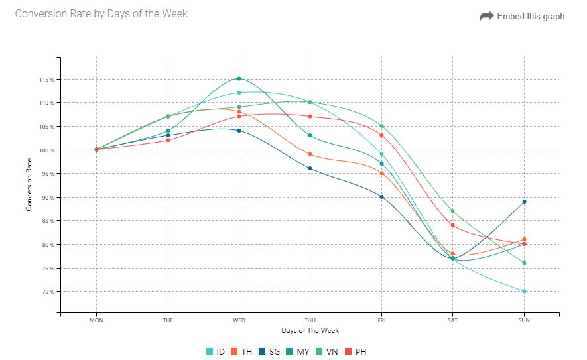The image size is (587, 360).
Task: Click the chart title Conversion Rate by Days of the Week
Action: tap(101, 13)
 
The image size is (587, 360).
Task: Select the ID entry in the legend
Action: tap(216, 351)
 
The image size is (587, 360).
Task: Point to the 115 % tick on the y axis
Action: tap(46, 80)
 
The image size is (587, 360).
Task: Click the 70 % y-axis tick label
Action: tap(47, 292)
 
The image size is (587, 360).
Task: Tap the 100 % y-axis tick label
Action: tap(46, 150)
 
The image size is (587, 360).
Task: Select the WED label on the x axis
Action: tap(239, 320)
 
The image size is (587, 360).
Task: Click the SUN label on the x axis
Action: tap(524, 320)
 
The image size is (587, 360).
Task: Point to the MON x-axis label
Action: tap(97, 320)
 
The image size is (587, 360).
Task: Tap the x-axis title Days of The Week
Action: tap(310, 330)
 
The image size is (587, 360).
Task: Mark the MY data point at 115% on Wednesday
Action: tap(239, 79)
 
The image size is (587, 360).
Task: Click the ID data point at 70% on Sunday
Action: tap(524, 291)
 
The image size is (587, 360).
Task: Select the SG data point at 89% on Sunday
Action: tap(524, 202)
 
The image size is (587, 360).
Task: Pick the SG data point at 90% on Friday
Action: tap(381, 197)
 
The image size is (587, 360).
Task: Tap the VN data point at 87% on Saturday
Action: tap(452, 211)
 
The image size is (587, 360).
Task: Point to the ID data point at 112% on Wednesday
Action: tap(239, 93)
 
